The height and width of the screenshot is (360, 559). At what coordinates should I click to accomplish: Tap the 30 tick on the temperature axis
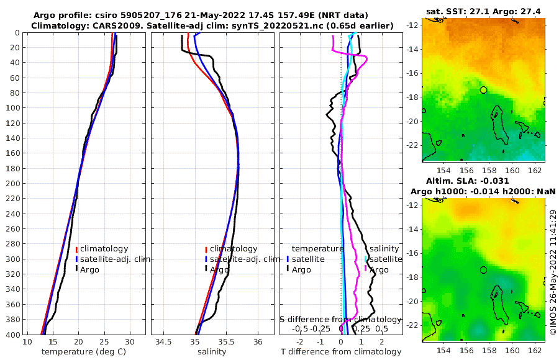[x=130, y=342]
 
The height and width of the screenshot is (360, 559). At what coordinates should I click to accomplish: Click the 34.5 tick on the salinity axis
[x=164, y=342]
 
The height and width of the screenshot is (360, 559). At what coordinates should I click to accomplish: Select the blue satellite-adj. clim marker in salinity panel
[x=206, y=259]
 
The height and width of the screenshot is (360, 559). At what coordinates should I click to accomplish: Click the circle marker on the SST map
[x=484, y=90]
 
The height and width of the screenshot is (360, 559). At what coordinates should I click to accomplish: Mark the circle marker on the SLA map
[x=484, y=270]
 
